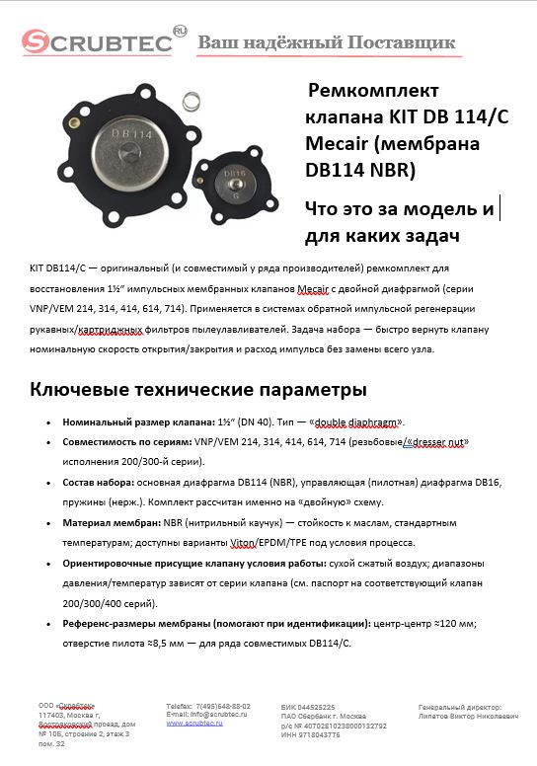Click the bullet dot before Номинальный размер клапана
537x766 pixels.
50,421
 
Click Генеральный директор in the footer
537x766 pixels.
460,707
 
